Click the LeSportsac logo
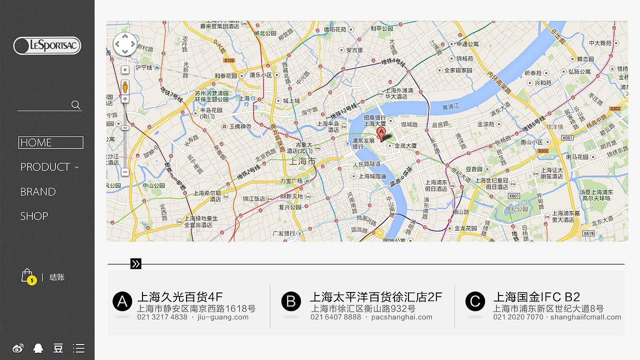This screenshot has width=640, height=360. [47, 46]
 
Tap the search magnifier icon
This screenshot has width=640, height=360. [76, 104]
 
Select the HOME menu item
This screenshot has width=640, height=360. [50, 142]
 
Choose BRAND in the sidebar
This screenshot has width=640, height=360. [38, 192]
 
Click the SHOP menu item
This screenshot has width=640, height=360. [34, 216]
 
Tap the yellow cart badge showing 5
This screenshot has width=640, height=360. [31, 280]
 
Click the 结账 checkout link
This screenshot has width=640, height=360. [57, 277]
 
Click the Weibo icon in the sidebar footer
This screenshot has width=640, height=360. [18, 348]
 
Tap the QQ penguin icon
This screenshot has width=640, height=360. [38, 348]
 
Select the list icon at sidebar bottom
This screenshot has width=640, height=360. [78, 348]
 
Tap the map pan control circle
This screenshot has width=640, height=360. [125, 45]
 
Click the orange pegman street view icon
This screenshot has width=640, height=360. [125, 87]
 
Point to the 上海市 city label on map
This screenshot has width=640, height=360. [302, 161]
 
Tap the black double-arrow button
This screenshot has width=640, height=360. [135, 264]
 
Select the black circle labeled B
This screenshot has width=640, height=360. [291, 301]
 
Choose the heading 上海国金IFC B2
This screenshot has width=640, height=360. [536, 297]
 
